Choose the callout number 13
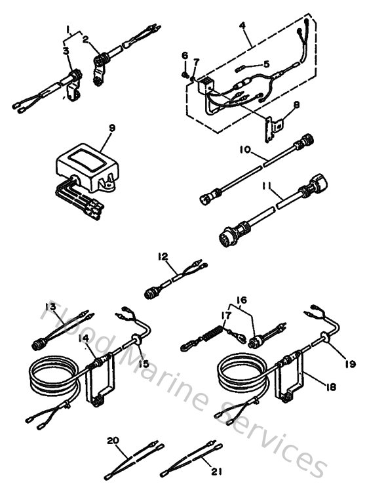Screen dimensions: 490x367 pyautogui.click(x=49, y=306)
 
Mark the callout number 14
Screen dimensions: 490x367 pyautogui.click(x=83, y=338)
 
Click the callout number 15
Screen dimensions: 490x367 pyautogui.click(x=143, y=363)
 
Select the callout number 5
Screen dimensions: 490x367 pyautogui.click(x=265, y=64)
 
